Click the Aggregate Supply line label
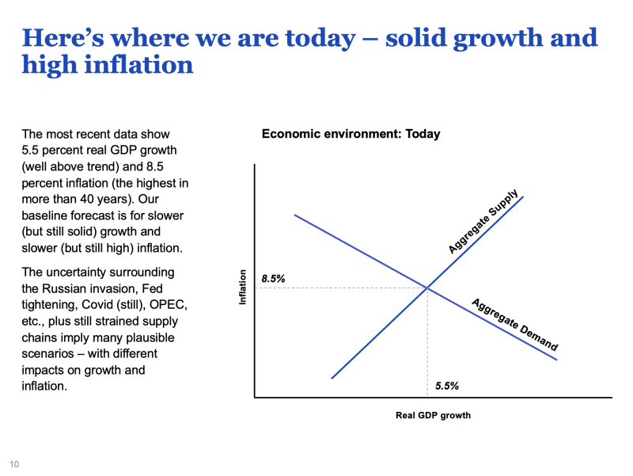pyautogui.click(x=483, y=221)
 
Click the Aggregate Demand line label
pyautogui.click(x=515, y=325)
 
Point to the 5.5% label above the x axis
pyautogui.click(x=447, y=387)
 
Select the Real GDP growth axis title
pyautogui.click(x=433, y=415)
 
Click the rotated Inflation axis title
pyautogui.click(x=244, y=288)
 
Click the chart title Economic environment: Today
pyautogui.click(x=351, y=135)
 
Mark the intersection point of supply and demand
pyautogui.click(x=427, y=288)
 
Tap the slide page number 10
pyautogui.click(x=14, y=463)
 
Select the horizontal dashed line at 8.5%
pyautogui.click(x=340, y=288)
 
